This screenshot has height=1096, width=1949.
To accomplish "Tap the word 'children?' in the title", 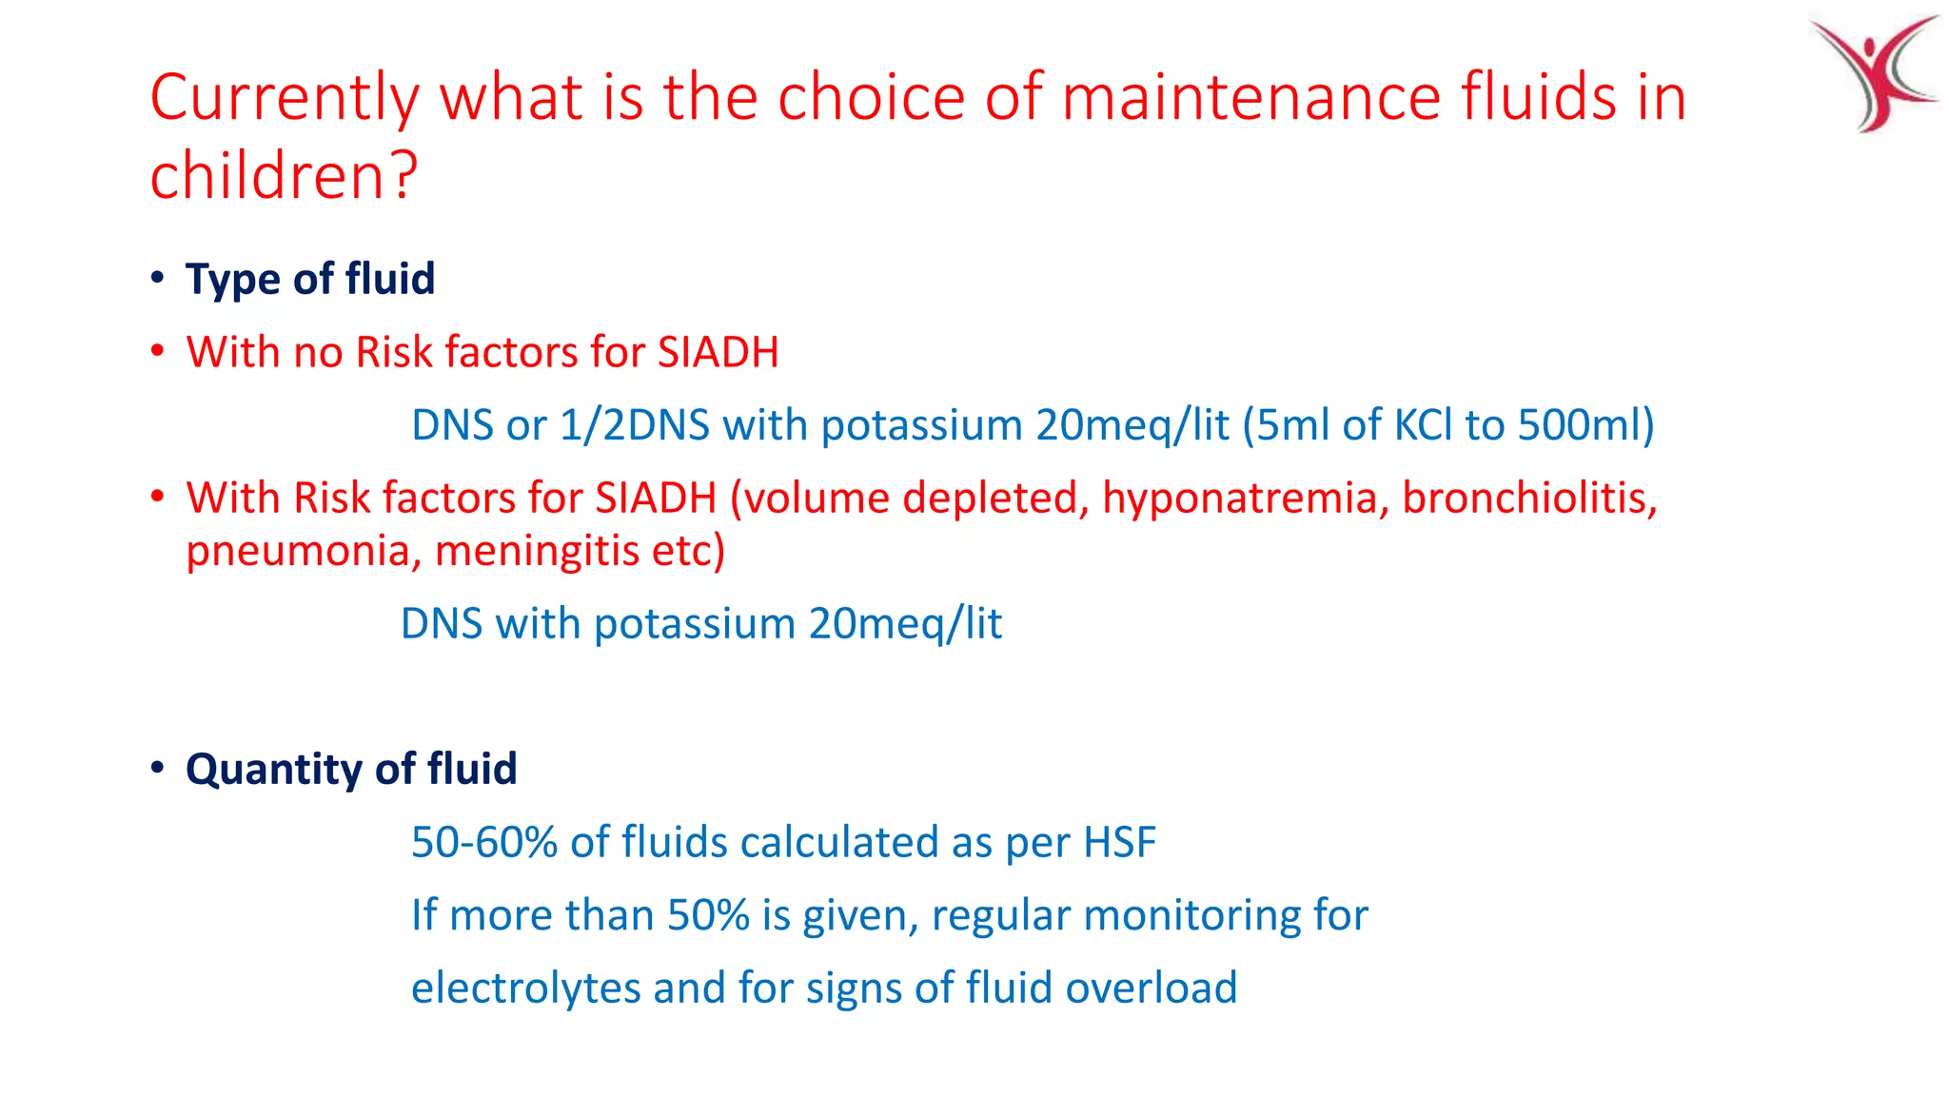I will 284,176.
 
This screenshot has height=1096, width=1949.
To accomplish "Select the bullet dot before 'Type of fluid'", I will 158,279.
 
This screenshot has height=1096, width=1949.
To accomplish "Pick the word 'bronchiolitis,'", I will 1529,499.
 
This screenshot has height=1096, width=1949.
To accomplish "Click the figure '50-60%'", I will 483,843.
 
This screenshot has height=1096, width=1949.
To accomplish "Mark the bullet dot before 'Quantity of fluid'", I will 158,769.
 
